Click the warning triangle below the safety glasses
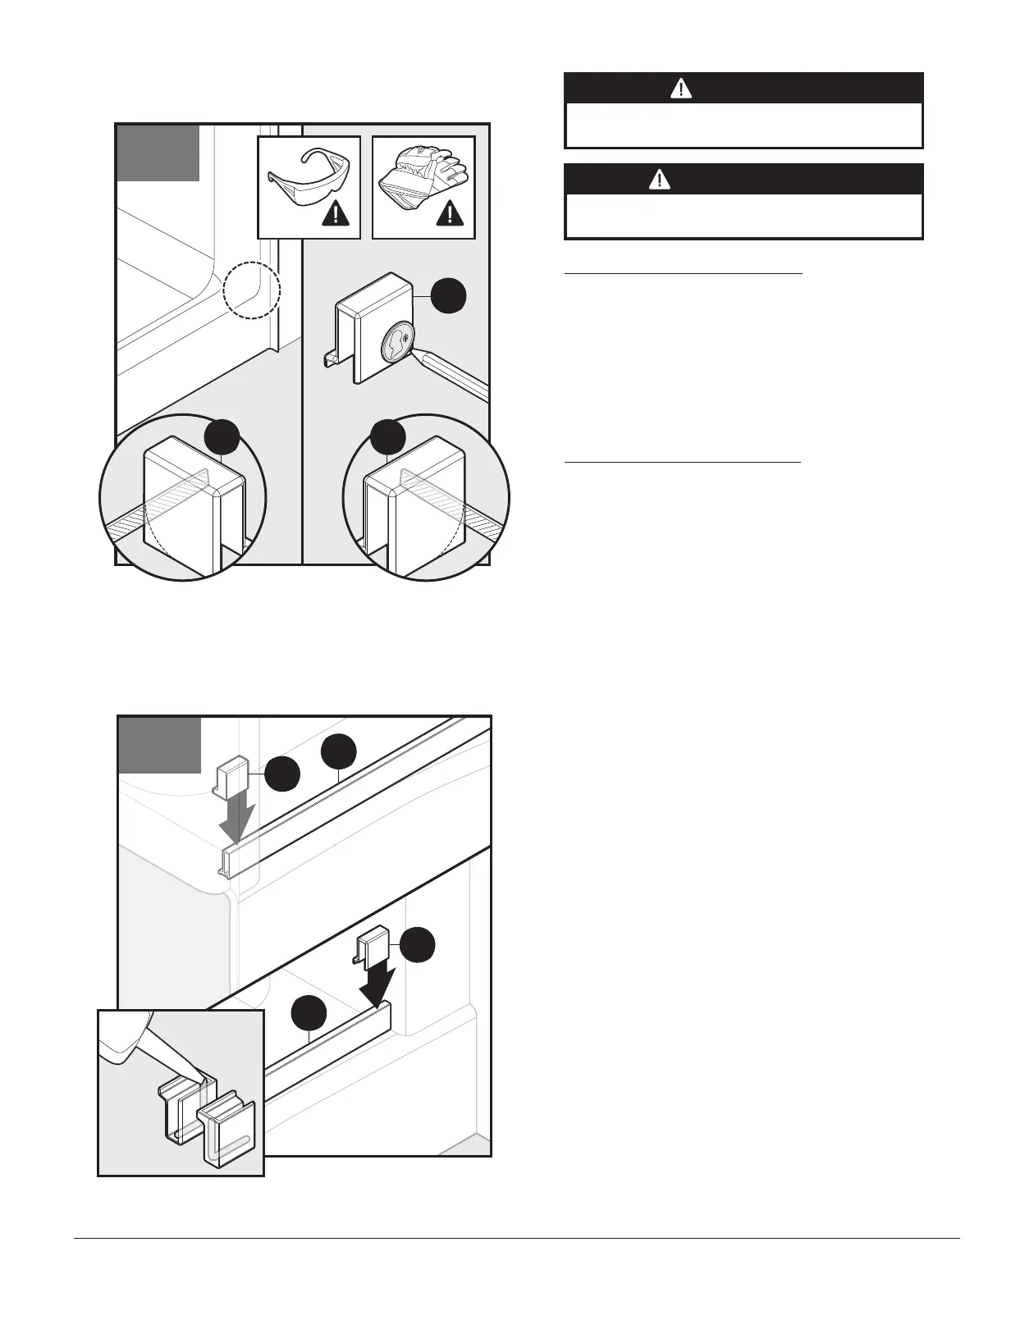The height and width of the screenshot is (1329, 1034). point(336,215)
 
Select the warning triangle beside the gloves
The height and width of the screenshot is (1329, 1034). point(451,215)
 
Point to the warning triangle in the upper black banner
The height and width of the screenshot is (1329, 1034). point(681,89)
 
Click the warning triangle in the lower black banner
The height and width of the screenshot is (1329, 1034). point(659,180)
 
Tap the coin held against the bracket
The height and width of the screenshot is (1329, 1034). point(398,340)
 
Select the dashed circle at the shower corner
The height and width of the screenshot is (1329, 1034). point(252,290)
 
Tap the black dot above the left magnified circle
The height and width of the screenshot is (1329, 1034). point(222,436)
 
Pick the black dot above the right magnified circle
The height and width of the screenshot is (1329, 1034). point(388,436)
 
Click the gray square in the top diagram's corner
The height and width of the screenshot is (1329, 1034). point(158,153)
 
